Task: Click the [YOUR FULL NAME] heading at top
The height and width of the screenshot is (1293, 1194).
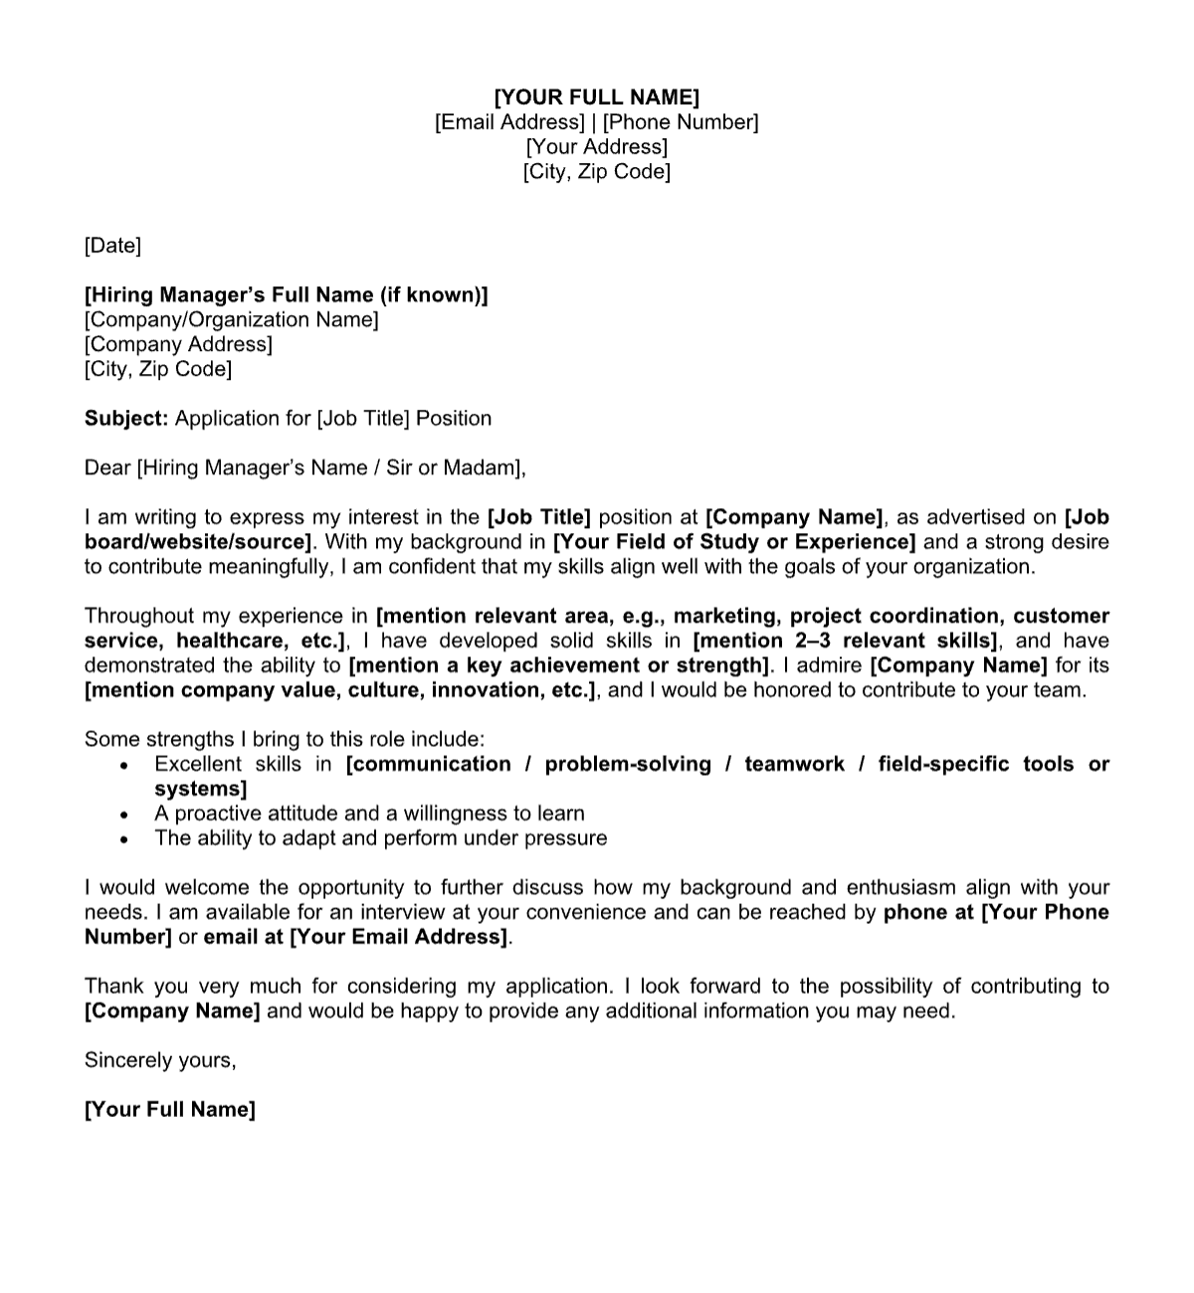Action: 597,96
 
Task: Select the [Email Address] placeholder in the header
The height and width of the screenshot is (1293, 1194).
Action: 509,121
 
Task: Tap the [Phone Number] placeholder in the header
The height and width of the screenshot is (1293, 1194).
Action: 681,121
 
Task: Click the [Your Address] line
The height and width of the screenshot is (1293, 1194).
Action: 597,146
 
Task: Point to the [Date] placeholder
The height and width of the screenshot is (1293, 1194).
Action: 112,245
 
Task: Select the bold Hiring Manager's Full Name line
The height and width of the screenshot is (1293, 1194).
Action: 286,294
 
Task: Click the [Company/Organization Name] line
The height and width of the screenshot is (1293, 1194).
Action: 231,319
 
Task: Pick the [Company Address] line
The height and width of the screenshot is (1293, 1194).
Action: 178,344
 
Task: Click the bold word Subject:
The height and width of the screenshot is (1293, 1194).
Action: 126,418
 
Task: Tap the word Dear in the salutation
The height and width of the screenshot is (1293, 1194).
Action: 106,467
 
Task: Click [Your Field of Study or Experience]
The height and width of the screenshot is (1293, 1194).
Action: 734,542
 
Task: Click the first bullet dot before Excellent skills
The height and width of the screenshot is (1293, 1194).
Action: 123,766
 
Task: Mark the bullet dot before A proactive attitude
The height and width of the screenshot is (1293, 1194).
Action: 123,815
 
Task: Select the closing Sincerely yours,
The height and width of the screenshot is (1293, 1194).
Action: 160,1060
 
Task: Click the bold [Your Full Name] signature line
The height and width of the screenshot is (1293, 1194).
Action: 170,1109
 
